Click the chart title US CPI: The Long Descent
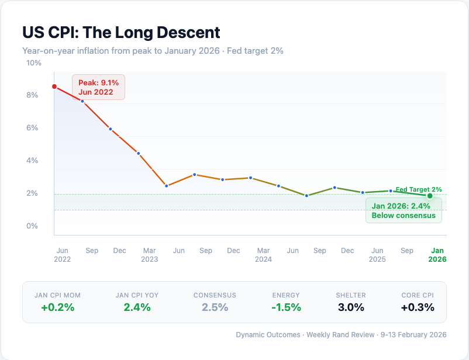[x=121, y=32]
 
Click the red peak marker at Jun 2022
[x=54, y=86]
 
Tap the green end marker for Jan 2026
[x=430, y=196]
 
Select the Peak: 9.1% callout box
[x=99, y=87]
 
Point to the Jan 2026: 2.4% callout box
[x=404, y=210]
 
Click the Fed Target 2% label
[x=419, y=189]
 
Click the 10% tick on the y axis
[x=34, y=63]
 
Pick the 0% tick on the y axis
[x=32, y=226]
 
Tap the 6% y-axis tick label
[x=32, y=127]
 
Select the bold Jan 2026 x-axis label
[x=438, y=255]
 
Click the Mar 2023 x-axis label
[x=149, y=255]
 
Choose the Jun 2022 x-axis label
[x=62, y=255]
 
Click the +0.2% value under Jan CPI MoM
[x=57, y=307]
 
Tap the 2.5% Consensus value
[x=215, y=307]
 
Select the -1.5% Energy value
[x=286, y=307]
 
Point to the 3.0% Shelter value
[x=351, y=307]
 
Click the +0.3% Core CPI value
[x=418, y=307]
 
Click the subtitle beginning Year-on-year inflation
[x=153, y=51]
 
